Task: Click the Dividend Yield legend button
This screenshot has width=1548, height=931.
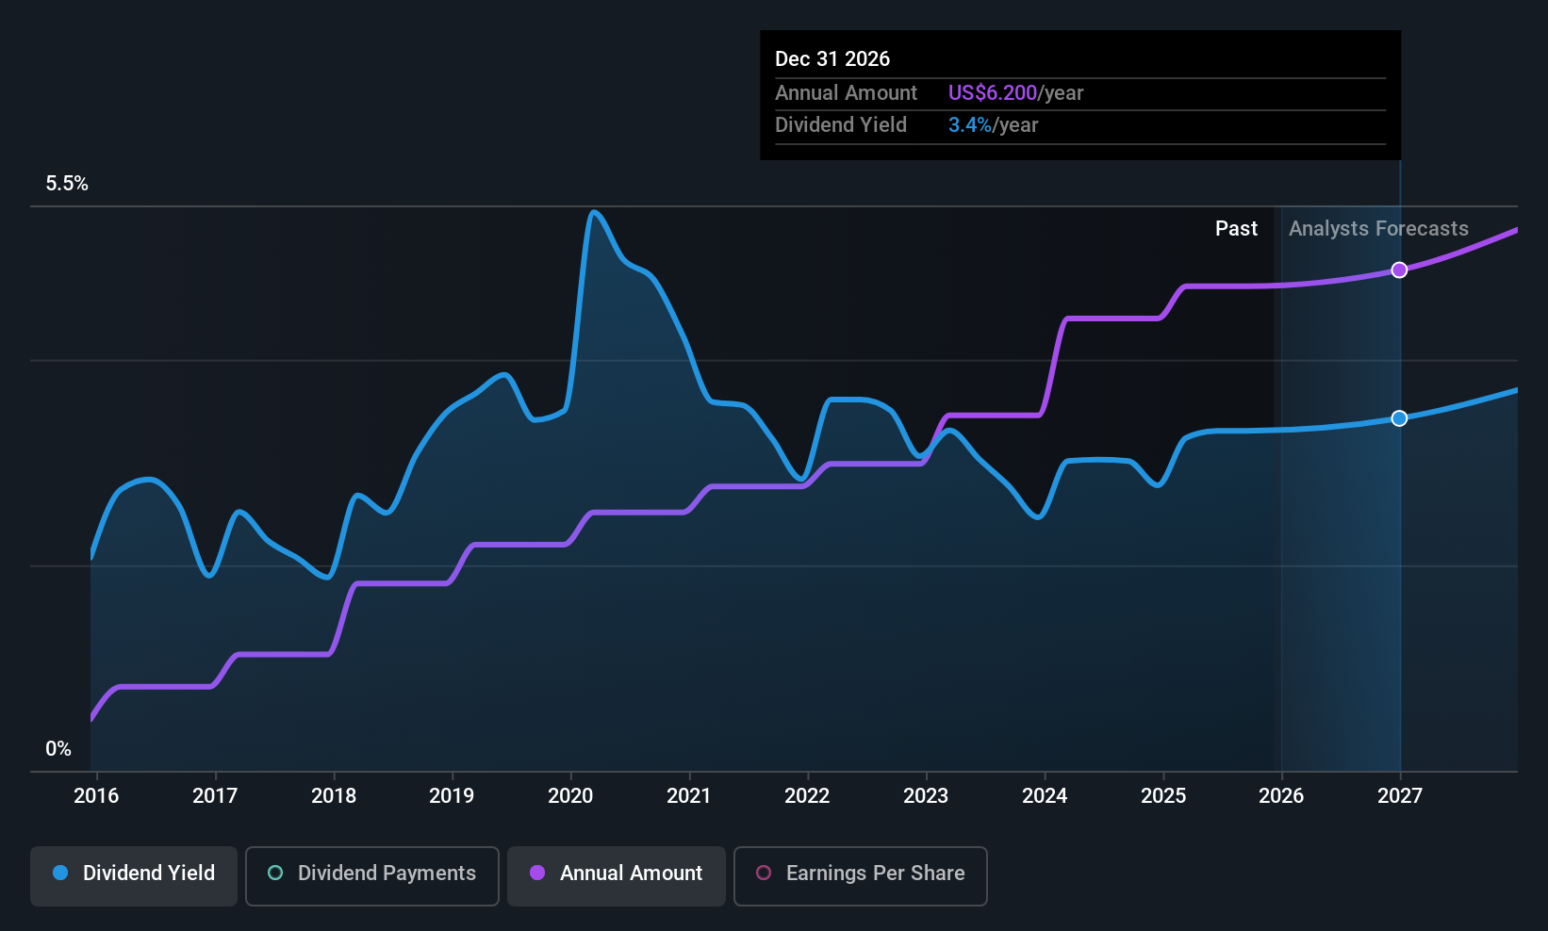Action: point(134,874)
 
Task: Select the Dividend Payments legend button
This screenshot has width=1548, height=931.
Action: point(371,874)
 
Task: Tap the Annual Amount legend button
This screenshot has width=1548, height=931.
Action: point(617,874)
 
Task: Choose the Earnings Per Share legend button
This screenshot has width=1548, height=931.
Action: point(860,874)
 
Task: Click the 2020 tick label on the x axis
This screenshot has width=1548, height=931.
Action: point(570,796)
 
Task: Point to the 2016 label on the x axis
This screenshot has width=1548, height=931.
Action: point(96,796)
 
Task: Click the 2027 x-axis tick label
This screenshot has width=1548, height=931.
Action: point(1399,796)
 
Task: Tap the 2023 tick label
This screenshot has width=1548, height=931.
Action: point(926,796)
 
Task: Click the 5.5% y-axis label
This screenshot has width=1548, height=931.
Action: point(67,184)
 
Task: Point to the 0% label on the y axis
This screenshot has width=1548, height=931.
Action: point(58,749)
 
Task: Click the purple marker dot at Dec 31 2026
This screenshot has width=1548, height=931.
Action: point(1399,270)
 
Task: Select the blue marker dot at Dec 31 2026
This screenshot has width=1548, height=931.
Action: point(1399,418)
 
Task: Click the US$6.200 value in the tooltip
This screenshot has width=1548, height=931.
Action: point(992,93)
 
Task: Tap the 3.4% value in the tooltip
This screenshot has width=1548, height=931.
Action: point(969,125)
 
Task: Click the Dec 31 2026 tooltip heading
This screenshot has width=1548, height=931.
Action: point(832,59)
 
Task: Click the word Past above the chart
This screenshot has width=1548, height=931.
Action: point(1236,229)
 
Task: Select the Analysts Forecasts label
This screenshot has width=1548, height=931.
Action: point(1378,229)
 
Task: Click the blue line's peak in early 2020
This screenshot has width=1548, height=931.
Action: point(593,212)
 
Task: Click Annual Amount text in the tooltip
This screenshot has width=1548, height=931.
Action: point(846,93)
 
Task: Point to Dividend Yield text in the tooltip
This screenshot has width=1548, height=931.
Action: point(841,125)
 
